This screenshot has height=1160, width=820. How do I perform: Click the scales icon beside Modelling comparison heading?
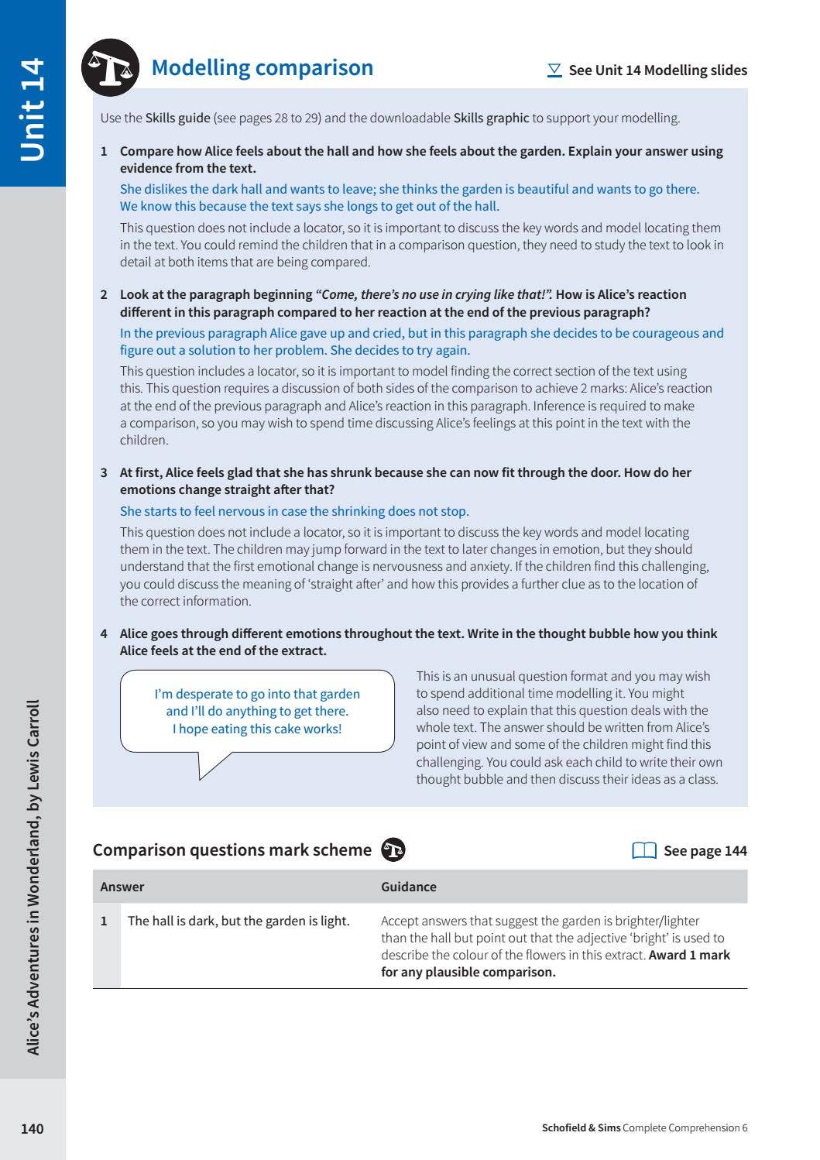[110, 67]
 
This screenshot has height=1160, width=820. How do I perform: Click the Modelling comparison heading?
[262, 68]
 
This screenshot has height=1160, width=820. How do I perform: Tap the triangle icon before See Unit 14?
[554, 70]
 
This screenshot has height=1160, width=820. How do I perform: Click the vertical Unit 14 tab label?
[32, 109]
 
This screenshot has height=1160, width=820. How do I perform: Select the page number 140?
[32, 1128]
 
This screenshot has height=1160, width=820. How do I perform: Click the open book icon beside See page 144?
[644, 850]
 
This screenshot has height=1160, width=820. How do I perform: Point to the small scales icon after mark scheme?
[393, 849]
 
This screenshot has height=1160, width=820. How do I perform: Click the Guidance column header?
[408, 887]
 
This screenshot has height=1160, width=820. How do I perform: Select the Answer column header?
[122, 887]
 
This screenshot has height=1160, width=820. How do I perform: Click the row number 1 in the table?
[104, 921]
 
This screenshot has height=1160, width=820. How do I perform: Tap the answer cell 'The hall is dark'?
[238, 921]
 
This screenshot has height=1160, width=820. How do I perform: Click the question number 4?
[104, 633]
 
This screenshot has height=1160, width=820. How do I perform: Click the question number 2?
[104, 294]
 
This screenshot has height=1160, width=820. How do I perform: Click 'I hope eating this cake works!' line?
[256, 729]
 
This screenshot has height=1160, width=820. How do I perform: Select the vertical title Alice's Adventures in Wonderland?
[33, 877]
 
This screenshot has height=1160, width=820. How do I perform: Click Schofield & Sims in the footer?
[581, 1127]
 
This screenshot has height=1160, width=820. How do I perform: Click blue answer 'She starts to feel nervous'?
[294, 511]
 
